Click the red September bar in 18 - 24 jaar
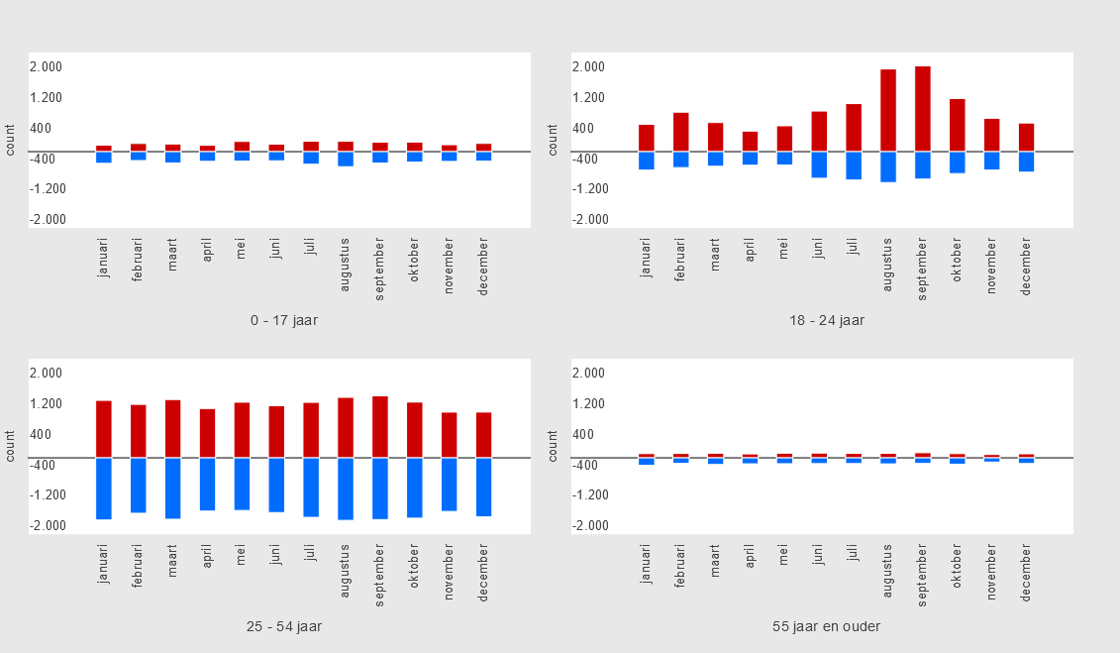tap(923, 109)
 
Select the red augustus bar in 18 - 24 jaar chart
tap(888, 110)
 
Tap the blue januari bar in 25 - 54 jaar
tap(104, 489)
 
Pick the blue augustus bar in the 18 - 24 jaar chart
tap(888, 166)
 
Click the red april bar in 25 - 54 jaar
tap(208, 433)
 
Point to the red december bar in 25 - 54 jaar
tap(484, 435)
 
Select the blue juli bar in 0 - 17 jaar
tap(311, 158)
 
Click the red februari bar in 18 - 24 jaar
tap(681, 132)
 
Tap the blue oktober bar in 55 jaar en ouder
tap(958, 461)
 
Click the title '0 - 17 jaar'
tap(284, 320)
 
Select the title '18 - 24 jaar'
tap(827, 320)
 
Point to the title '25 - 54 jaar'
tap(284, 626)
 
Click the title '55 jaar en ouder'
tap(827, 626)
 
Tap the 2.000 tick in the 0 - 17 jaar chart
tap(47, 67)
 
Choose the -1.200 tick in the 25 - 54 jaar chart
tap(47, 495)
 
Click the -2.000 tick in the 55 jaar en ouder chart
tap(589, 526)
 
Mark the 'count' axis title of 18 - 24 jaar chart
tap(554, 140)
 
